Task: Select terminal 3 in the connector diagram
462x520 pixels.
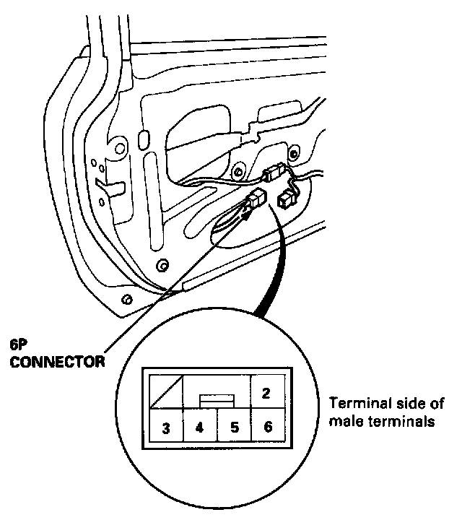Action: click(165, 428)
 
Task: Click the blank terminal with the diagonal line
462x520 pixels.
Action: click(165, 393)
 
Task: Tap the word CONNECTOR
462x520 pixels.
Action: click(56, 359)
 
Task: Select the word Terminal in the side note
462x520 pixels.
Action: click(354, 403)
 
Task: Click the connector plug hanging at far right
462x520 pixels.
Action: click(287, 197)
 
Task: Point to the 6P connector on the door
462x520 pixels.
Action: click(256, 201)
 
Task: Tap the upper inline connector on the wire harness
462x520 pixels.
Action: click(272, 174)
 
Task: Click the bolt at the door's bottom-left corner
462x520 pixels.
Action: click(127, 298)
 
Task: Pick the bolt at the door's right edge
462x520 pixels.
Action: click(293, 153)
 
